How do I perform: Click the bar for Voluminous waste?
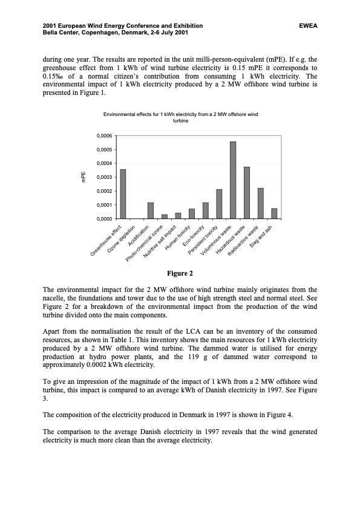[x=233, y=180]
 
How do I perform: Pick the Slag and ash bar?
[x=274, y=213]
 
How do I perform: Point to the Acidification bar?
[x=151, y=210]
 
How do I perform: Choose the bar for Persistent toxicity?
[x=219, y=204]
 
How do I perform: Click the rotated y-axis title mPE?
[x=84, y=177]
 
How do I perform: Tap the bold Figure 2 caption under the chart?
[x=180, y=274]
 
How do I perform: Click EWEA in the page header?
[x=308, y=26]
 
